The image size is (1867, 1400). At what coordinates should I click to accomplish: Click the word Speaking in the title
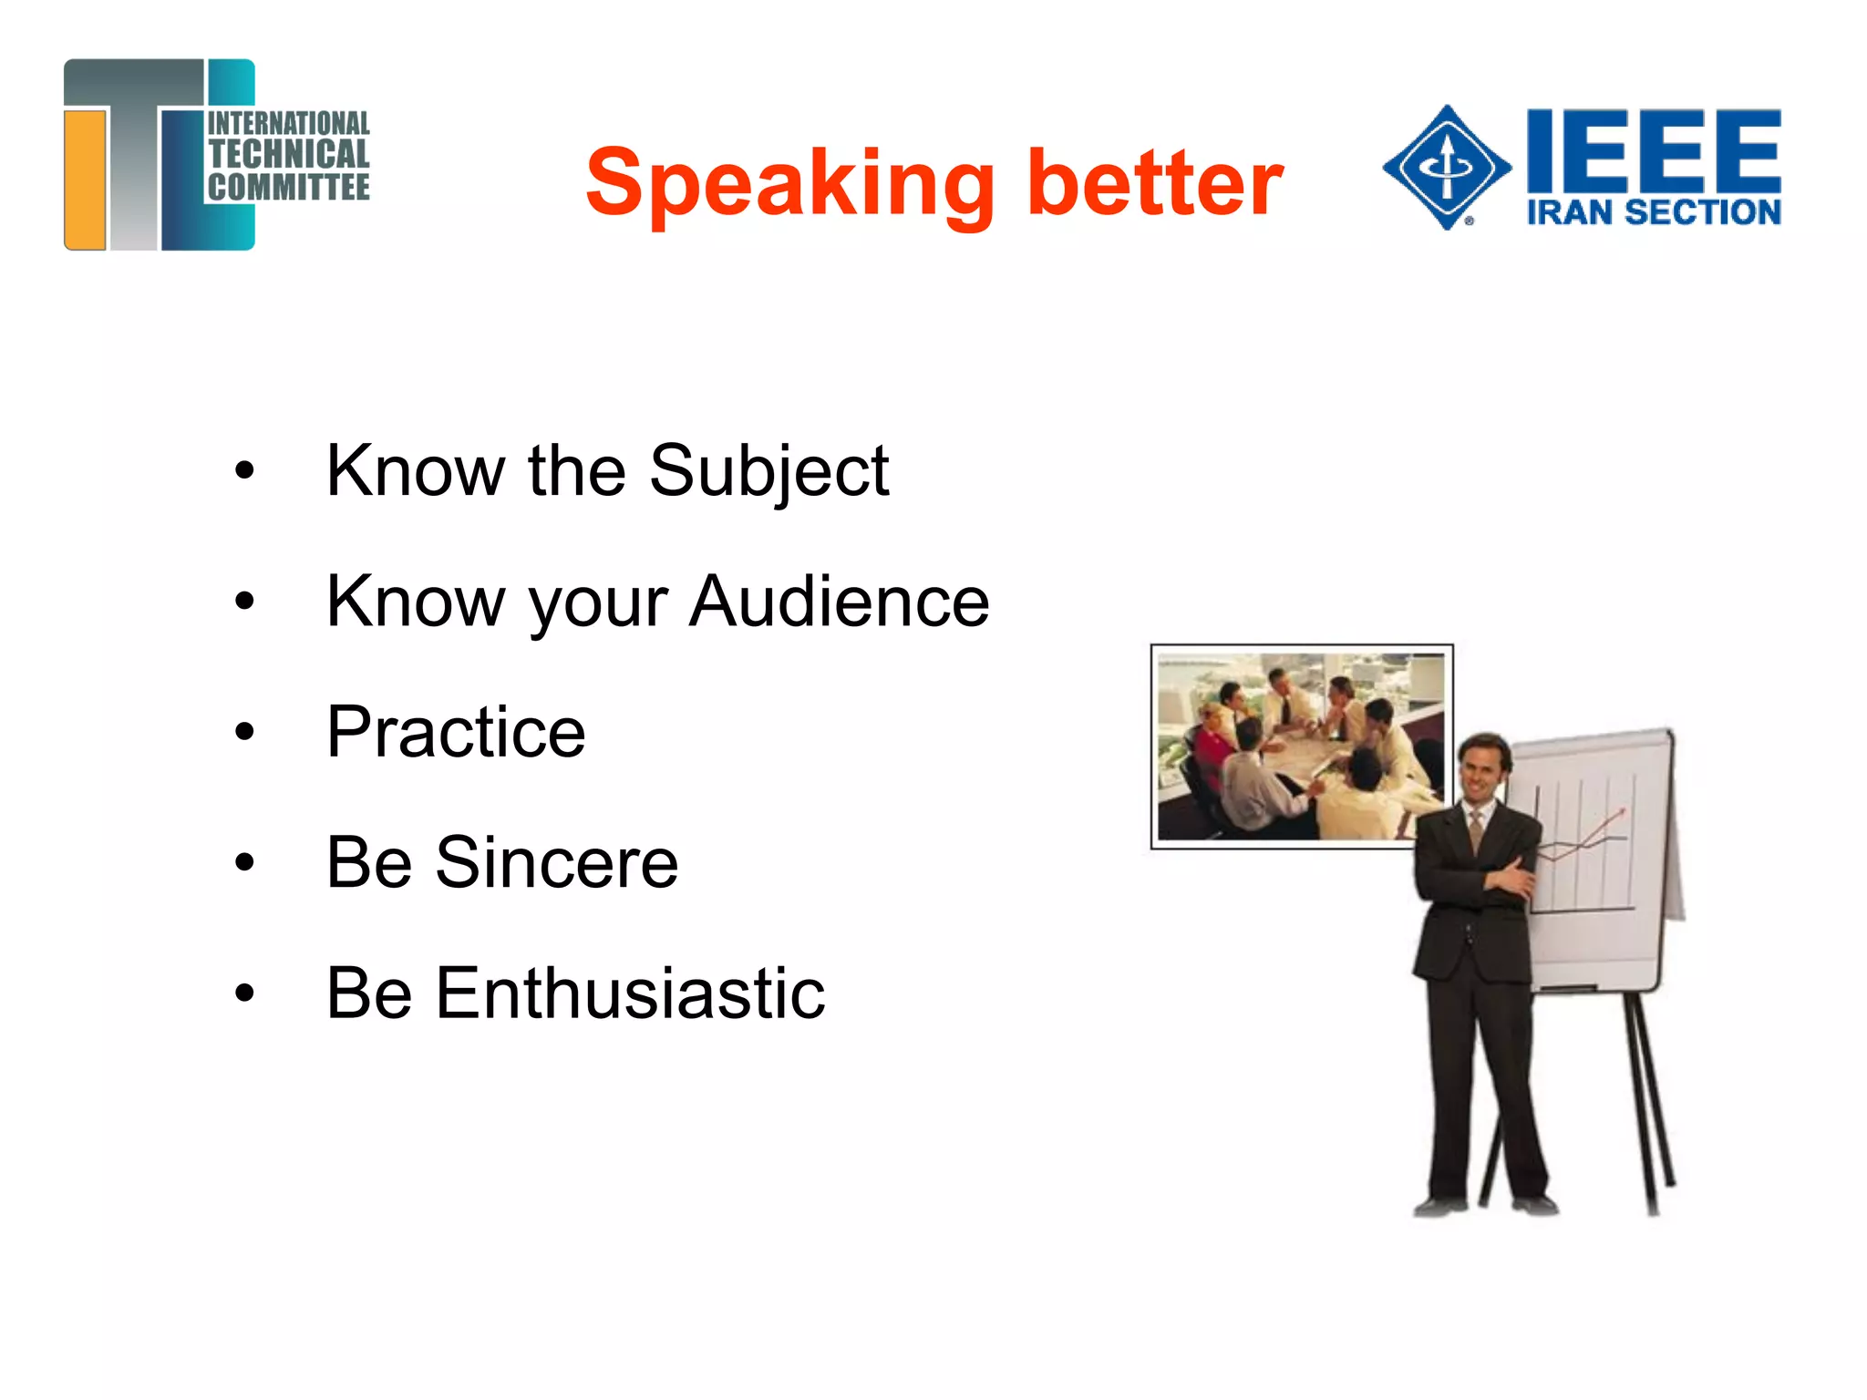tap(789, 184)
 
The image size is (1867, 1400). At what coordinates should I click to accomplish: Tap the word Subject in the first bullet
tap(768, 471)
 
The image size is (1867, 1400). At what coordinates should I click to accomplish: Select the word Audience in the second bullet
tap(839, 602)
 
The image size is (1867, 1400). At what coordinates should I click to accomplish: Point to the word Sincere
tap(556, 862)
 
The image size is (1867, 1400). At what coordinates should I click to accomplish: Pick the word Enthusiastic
tap(630, 993)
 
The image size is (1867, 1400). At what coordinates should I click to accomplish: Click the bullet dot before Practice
tap(244, 732)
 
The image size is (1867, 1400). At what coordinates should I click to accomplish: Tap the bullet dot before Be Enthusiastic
tap(244, 993)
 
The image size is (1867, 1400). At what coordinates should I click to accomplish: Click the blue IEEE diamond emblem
tap(1447, 167)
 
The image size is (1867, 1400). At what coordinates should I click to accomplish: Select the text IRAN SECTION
tap(1653, 212)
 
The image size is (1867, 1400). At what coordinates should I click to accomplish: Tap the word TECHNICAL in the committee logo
tap(288, 154)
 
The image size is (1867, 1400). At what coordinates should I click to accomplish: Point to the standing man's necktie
tap(1476, 830)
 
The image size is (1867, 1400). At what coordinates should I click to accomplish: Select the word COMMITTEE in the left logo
tap(288, 188)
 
